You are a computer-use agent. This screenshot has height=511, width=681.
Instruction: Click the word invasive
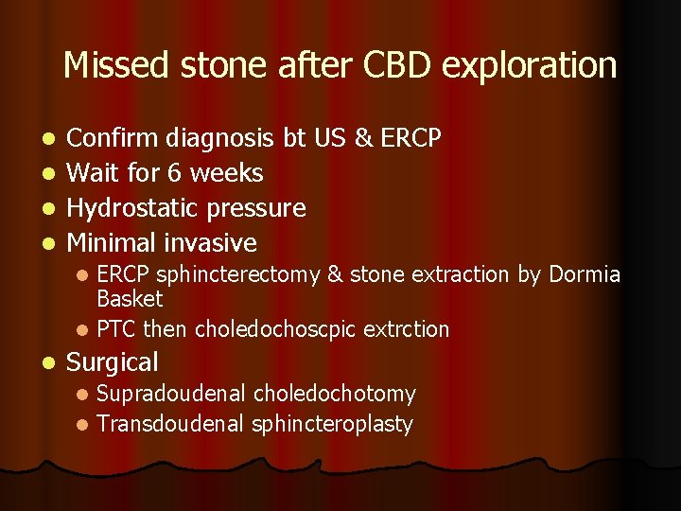pyautogui.click(x=211, y=243)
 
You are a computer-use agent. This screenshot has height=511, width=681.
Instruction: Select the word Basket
pyautogui.click(x=130, y=299)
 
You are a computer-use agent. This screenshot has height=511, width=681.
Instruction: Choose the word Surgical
pyautogui.click(x=113, y=362)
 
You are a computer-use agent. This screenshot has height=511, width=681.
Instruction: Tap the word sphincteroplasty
pyautogui.click(x=332, y=424)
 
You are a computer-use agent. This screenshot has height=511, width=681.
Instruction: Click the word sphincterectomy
pyautogui.click(x=238, y=275)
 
